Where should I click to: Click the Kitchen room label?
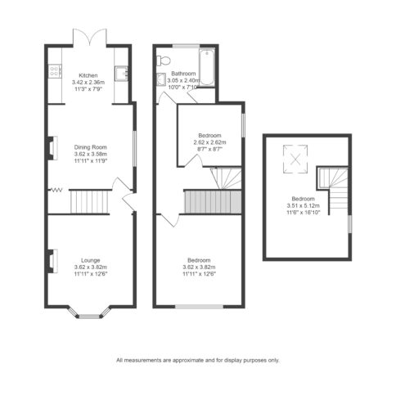[88, 75]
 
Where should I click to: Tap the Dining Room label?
[90, 147]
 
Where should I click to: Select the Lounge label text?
[91, 260]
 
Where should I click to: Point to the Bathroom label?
[183, 74]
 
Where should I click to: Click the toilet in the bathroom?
[164, 61]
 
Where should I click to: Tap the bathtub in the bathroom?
[207, 67]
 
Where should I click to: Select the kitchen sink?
[121, 74]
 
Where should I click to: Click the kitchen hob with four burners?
[55, 71]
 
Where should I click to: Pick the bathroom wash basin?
[161, 79]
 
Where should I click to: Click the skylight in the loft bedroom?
[295, 159]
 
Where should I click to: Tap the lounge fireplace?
[53, 261]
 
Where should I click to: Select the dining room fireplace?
[53, 148]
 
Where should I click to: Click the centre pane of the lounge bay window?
[90, 317]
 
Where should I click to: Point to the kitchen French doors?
[90, 37]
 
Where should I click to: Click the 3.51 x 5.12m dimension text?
[303, 206]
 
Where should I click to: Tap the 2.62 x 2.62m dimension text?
[209, 142]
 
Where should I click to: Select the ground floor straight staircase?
[90, 202]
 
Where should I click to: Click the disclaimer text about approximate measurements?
[198, 360]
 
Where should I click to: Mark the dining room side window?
[134, 148]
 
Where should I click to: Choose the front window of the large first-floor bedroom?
[199, 307]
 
